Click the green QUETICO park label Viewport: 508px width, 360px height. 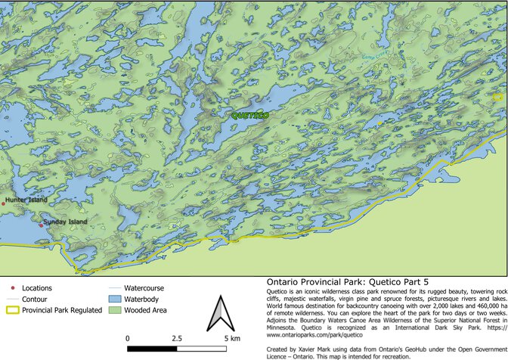point(249,115)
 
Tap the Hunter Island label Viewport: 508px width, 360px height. point(26,200)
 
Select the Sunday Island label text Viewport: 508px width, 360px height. point(65,222)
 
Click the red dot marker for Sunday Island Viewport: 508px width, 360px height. point(41,225)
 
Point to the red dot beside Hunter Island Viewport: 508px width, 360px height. point(3,203)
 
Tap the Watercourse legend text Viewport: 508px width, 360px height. point(144,288)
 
